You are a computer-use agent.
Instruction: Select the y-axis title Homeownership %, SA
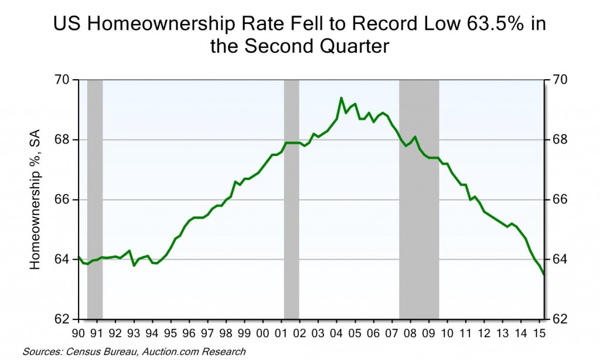[35, 200]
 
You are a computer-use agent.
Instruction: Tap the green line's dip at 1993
[134, 265]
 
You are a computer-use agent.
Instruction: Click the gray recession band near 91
[94, 199]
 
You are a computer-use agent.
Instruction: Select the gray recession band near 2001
[291, 199]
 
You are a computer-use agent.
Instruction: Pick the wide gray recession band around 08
[419, 199]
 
